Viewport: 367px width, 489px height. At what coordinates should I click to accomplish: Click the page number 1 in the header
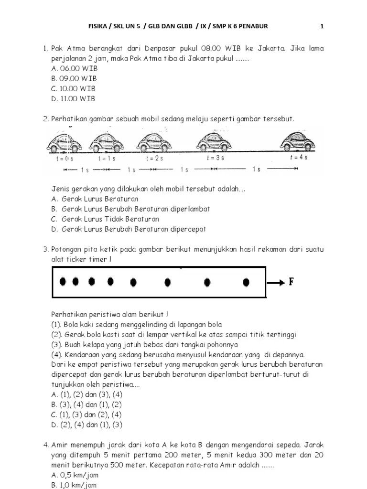[322, 26]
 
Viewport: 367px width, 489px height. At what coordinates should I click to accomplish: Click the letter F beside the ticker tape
[291, 281]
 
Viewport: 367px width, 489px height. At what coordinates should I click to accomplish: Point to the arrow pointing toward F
[275, 282]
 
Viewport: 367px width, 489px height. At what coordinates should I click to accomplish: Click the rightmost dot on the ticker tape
[246, 282]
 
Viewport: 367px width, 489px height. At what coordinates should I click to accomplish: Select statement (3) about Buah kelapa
[144, 344]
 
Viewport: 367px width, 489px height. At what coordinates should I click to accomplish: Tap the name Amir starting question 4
[61, 445]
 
